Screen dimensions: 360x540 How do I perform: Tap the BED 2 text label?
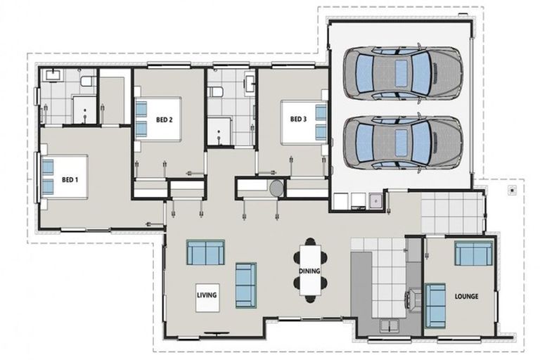(165, 120)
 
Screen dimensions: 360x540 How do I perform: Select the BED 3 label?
(298, 119)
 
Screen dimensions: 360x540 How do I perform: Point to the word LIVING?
(206, 295)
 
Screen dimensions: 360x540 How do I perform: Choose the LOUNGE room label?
(466, 296)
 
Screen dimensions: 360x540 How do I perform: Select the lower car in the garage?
(402, 141)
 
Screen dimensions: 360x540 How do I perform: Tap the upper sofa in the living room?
(205, 252)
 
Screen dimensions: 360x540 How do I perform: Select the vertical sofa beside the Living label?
(245, 285)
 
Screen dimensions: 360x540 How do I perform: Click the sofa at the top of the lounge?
(472, 253)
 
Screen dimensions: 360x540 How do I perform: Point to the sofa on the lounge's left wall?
(435, 304)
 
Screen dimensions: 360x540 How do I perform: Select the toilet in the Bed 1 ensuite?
(86, 82)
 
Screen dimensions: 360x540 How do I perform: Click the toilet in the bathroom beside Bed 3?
(215, 91)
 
